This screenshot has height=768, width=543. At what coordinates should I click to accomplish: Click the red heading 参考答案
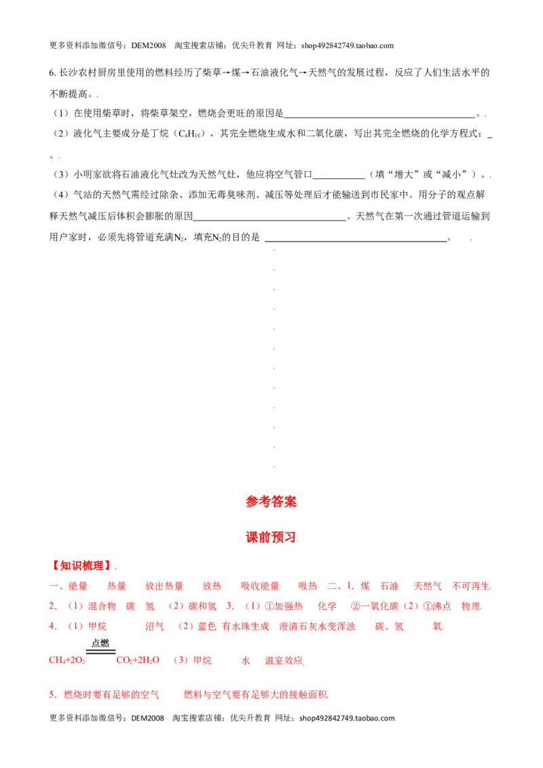271,502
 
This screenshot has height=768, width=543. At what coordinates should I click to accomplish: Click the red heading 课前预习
271,537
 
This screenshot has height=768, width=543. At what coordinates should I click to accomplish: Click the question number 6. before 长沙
52,73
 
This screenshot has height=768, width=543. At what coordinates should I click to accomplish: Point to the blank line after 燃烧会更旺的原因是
380,117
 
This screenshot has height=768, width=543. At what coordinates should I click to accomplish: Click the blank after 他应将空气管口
339,178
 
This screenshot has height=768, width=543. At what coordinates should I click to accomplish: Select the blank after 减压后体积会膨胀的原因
269,220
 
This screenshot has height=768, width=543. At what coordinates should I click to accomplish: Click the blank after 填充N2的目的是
356,241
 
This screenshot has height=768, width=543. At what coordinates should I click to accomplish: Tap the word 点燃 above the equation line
100,643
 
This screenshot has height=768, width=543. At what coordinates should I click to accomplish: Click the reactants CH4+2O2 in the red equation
67,660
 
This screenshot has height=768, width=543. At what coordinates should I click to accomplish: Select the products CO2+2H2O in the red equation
138,660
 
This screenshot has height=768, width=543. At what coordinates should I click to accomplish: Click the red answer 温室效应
284,660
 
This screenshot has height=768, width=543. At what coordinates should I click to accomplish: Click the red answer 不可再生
471,586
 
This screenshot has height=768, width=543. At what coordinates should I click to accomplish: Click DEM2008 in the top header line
149,45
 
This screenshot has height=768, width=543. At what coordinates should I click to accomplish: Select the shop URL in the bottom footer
347,718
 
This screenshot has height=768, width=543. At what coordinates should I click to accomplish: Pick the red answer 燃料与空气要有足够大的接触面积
255,695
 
